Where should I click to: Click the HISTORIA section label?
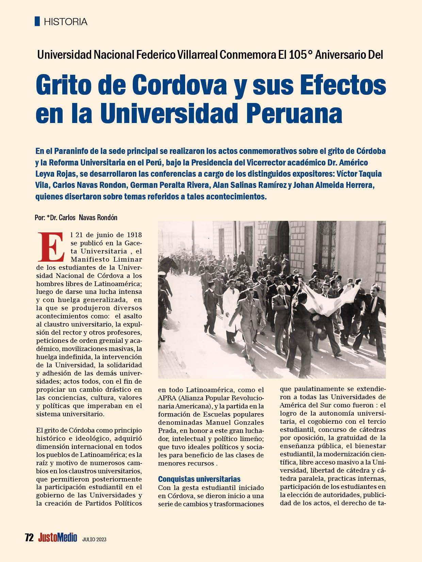click(66, 22)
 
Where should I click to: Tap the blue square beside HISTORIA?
click(37, 21)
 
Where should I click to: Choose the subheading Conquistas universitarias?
click(199, 479)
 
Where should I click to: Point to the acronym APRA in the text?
click(166, 398)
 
